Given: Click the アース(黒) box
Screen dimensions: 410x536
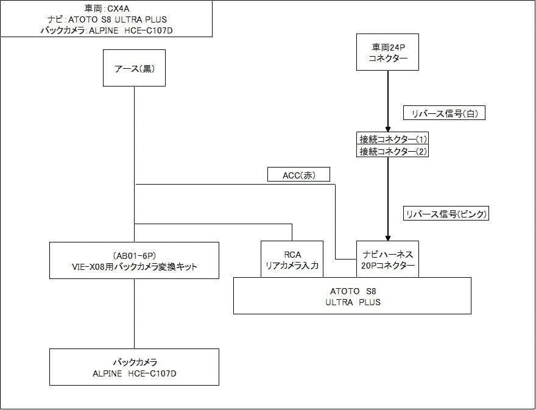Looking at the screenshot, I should pos(134,68).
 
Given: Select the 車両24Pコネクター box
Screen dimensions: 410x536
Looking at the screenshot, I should pos(388,52).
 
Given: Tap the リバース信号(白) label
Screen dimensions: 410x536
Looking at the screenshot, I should pos(443,113).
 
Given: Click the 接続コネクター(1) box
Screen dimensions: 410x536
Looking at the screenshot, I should pos(392,138).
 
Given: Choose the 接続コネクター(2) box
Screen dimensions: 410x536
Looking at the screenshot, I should pos(392,151).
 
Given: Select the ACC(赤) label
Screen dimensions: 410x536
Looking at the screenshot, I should pos(298,175).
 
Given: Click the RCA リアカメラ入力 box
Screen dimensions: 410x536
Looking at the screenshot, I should pos(292,260).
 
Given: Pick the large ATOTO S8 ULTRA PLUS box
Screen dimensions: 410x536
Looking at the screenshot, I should pos(352,296).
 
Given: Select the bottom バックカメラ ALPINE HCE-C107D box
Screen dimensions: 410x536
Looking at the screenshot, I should pos(134,367).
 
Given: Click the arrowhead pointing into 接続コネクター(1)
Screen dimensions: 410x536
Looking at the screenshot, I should pos(388,128).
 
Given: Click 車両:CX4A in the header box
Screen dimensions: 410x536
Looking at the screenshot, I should pos(106,9).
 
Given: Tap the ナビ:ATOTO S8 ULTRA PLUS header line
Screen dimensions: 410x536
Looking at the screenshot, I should pos(106,19).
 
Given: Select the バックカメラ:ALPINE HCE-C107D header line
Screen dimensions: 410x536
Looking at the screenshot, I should pos(106,29).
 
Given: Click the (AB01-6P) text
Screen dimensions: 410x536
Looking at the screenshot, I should pos(134,255).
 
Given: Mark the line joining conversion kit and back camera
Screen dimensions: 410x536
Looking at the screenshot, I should pos(134,314).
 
